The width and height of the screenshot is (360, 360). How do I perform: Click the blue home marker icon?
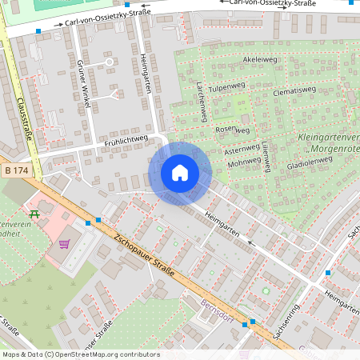(x=180, y=172)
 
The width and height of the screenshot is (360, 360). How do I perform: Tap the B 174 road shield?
(x=16, y=170)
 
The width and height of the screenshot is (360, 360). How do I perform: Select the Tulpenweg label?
(x=226, y=86)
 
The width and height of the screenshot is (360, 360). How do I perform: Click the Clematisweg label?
(x=295, y=90)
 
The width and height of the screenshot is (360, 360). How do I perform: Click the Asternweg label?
(x=242, y=150)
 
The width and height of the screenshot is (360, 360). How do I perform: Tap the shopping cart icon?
(x=65, y=244)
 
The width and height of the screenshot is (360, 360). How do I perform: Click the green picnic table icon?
(x=34, y=214)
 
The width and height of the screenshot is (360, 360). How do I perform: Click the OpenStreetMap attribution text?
(x=80, y=354)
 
